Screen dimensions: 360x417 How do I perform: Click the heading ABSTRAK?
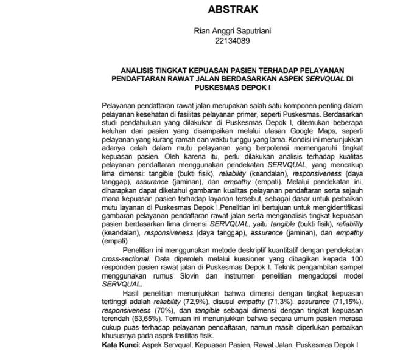tap(233, 10)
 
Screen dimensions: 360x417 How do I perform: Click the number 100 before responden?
tap(356, 258)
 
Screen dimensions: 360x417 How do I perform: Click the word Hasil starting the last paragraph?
tap(131, 292)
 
